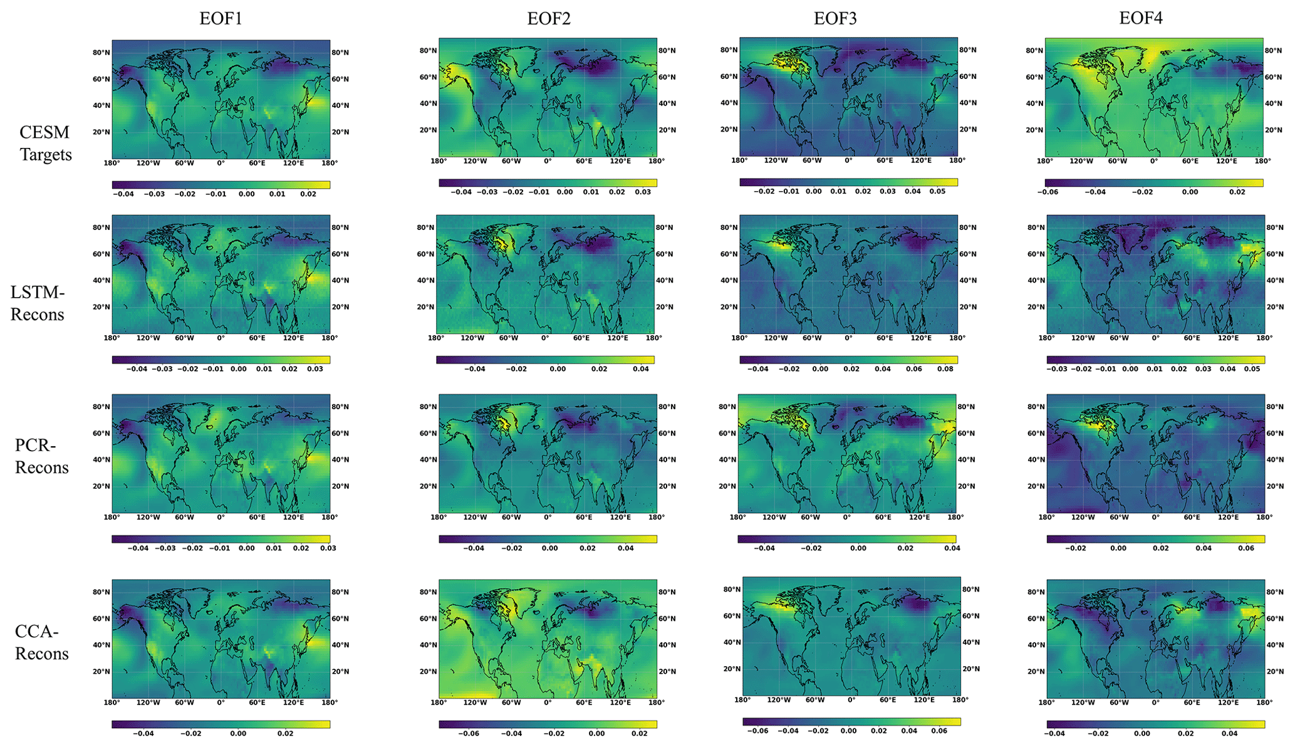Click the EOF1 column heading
[221, 18]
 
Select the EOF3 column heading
[835, 18]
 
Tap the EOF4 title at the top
[1141, 18]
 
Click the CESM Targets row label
[45, 144]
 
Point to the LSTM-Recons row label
[38, 303]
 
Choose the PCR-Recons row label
[42, 456]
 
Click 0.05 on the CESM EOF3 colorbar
[937, 191]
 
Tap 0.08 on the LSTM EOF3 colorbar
[945, 369]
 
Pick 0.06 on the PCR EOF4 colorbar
[1246, 548]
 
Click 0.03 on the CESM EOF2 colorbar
[643, 192]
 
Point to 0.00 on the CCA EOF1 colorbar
[238, 733]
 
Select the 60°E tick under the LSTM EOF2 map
[581, 338]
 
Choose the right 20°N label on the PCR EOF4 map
[1275, 486]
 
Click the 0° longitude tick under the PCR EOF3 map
[846, 518]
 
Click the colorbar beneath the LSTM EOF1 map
[221, 360]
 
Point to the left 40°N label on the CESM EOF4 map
[1034, 103]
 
